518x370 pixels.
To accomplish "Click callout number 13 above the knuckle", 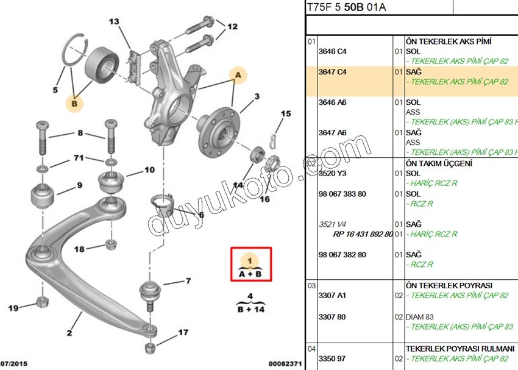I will tap(115, 22).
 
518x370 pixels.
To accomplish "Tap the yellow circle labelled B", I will tap(74, 104).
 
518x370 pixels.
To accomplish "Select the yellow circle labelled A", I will tap(238, 75).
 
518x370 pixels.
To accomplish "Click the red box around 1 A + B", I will tap(251, 264).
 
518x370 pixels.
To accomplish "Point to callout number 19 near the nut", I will tap(13, 308).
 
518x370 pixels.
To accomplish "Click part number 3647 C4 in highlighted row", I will tap(332, 72).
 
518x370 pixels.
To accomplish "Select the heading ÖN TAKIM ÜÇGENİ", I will tap(439, 163).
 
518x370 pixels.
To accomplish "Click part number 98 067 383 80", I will tap(342, 194).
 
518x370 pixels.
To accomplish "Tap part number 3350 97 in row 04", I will tap(332, 358).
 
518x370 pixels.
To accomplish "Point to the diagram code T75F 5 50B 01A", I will tap(346, 7).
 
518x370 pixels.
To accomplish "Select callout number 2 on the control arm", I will tap(69, 333).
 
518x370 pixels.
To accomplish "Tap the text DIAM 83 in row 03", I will tap(422, 317).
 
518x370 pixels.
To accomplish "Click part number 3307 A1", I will tap(332, 295).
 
